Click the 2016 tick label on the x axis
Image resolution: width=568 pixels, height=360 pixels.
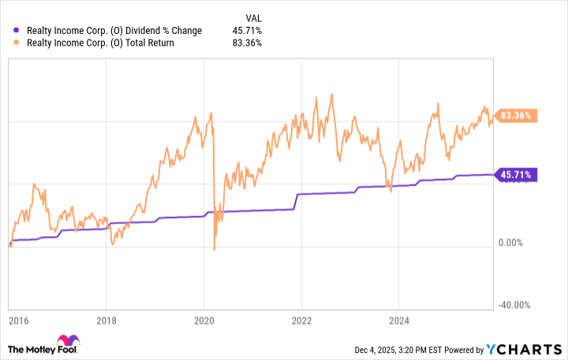[18, 321]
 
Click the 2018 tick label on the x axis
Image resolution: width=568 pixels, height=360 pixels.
[108, 321]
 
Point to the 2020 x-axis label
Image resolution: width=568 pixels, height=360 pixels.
[204, 321]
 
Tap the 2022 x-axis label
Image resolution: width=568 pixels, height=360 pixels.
[301, 321]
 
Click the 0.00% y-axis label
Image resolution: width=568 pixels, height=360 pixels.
[513, 243]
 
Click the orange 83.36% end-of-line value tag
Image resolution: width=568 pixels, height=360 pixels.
[514, 115]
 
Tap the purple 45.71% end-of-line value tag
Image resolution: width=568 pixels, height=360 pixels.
[514, 174]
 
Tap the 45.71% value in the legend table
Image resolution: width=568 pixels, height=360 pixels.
[248, 31]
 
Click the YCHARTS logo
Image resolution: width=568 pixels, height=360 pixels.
[524, 350]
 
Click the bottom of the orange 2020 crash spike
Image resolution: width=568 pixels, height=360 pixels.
[215, 250]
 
